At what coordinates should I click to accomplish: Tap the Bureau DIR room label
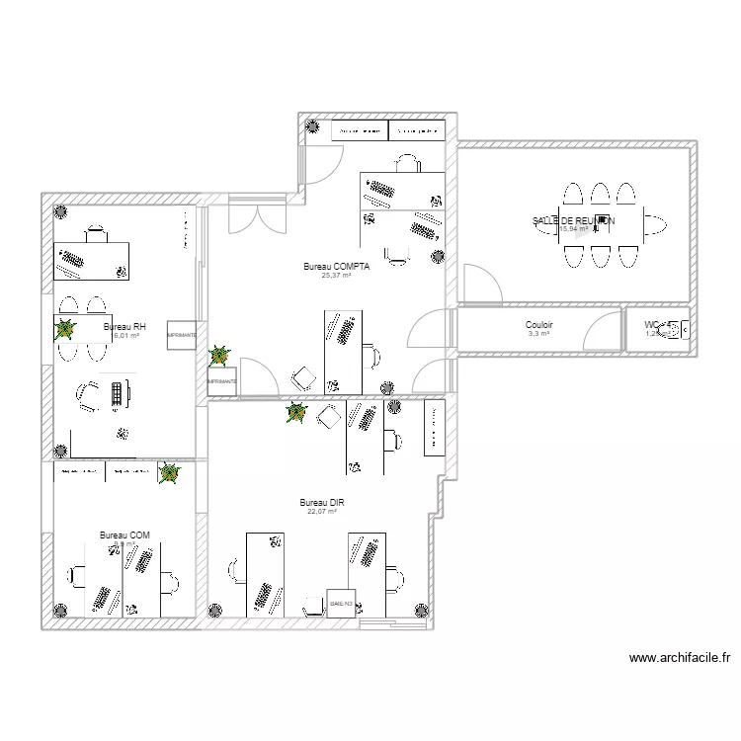point(322,503)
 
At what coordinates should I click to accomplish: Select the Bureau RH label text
point(124,326)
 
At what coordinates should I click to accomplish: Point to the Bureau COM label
point(124,535)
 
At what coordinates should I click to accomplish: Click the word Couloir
point(539,324)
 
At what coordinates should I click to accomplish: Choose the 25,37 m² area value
point(336,276)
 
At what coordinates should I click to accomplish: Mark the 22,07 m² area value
point(322,512)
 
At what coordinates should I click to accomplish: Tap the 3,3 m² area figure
point(538,334)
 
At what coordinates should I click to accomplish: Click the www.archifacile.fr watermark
point(680,658)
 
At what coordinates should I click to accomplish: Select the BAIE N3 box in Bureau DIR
point(342,603)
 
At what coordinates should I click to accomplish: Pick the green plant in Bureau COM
point(170,476)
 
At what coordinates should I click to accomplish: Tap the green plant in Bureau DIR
point(294,413)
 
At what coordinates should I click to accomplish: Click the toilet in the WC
point(678,331)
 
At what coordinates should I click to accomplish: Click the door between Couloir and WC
point(625,328)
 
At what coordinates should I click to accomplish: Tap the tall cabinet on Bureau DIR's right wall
point(432,428)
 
